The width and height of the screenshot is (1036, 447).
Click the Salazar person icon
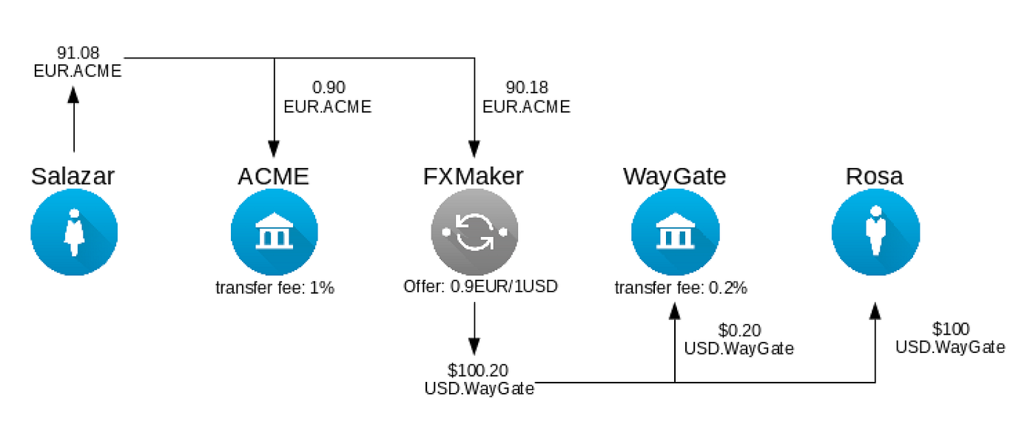[x=74, y=232]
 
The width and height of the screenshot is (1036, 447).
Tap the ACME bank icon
[x=274, y=232]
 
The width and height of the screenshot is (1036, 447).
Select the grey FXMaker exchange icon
[x=474, y=232]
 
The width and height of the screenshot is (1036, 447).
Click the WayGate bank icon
[x=674, y=232]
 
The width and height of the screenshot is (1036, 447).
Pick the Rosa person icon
[x=875, y=232]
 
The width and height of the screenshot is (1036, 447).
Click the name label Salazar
[x=73, y=176]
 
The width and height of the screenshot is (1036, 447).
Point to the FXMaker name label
[x=474, y=176]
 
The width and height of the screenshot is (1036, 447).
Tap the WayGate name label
[x=674, y=176]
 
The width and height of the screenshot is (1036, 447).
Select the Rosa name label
[x=875, y=176]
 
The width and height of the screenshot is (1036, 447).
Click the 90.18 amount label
[x=527, y=88]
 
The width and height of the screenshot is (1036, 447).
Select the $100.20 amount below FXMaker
[x=478, y=369]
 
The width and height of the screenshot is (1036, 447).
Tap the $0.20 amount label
[x=739, y=330]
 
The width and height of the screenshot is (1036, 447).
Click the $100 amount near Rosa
[x=950, y=329]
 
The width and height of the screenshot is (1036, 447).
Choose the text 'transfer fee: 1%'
[x=275, y=288]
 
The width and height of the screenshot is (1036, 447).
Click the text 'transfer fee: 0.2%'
[x=675, y=287]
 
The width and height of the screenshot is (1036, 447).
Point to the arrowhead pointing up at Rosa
[x=875, y=312]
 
